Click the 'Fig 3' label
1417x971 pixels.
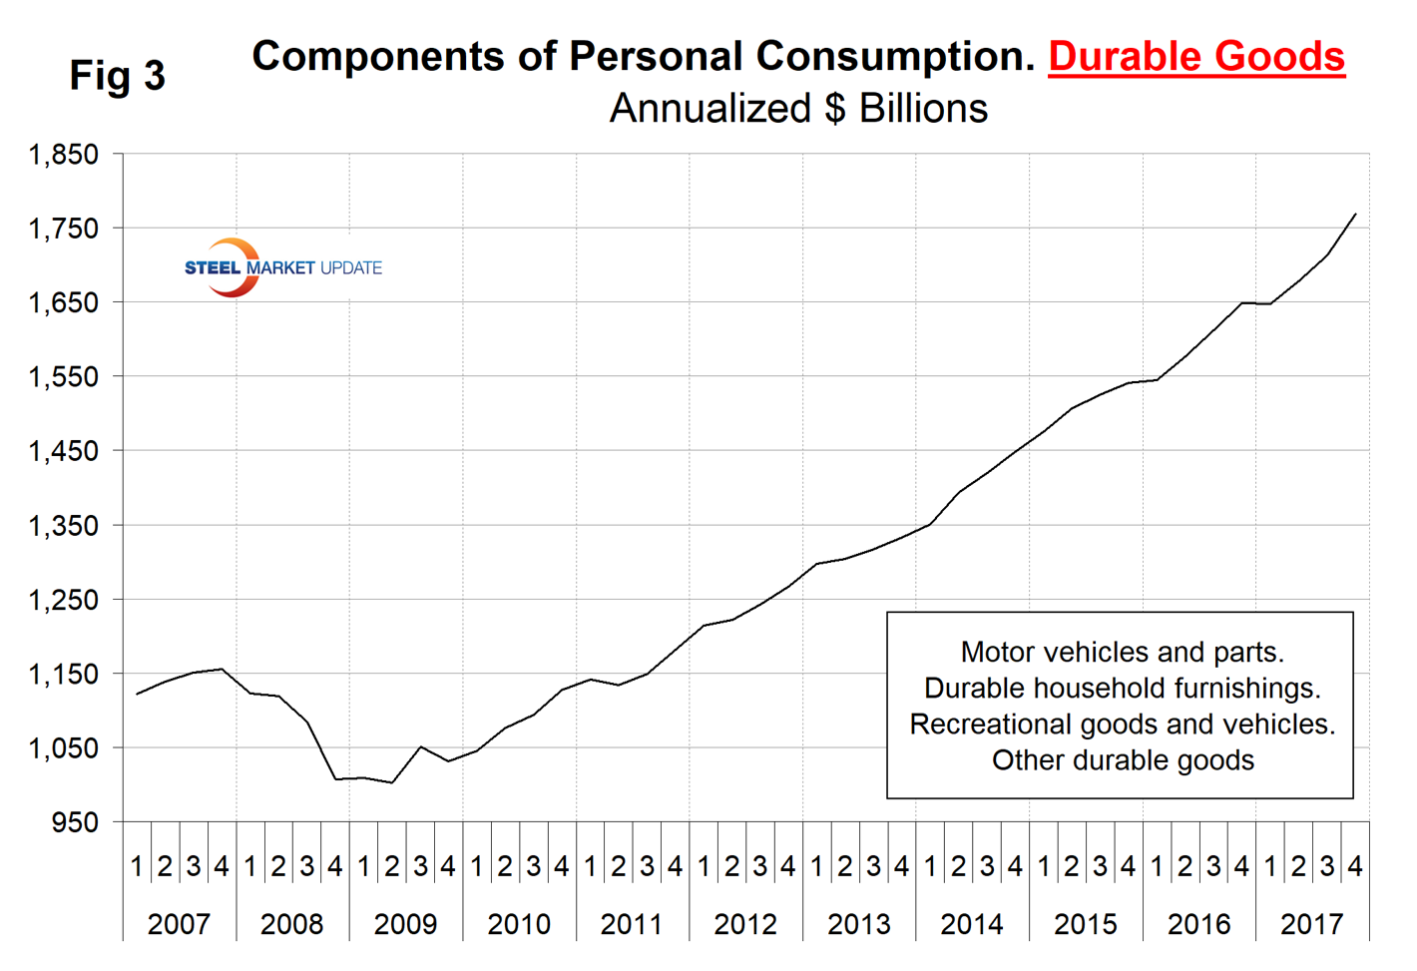(x=117, y=76)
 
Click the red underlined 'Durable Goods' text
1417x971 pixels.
(x=1195, y=57)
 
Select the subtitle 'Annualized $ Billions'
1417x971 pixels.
(x=798, y=109)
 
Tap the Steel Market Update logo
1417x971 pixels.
(x=282, y=267)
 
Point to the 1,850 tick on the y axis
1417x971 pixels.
(x=64, y=155)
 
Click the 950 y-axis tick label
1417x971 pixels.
(x=76, y=822)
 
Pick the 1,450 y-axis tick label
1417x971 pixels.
(x=64, y=451)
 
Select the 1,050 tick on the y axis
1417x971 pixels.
(x=64, y=748)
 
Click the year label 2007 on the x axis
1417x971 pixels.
(x=179, y=924)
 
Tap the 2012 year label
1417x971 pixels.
(x=745, y=924)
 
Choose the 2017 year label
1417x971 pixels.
(x=1311, y=924)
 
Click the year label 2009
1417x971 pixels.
(x=405, y=924)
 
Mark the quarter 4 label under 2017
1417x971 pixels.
(x=1355, y=866)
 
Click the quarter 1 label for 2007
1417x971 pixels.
(x=137, y=866)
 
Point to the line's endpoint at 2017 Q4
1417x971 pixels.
(x=1355, y=214)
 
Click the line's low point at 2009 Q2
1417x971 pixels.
(x=392, y=782)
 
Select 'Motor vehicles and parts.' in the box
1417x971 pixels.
(x=1122, y=653)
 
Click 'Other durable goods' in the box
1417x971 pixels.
(x=1122, y=760)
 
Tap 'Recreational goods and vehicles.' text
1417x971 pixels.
(x=1122, y=725)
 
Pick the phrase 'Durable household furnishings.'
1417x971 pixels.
(x=1122, y=689)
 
